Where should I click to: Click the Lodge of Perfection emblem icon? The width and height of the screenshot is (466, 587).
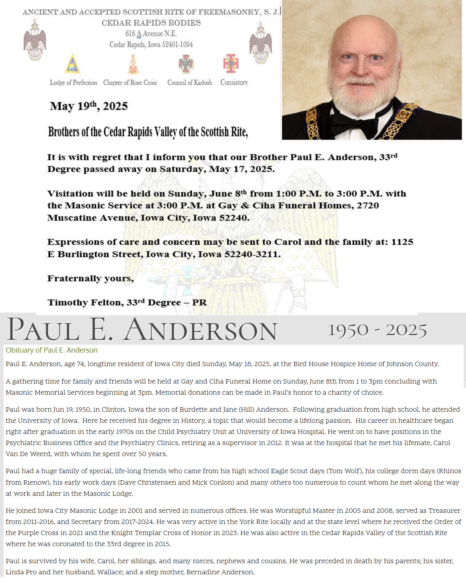pos(72,64)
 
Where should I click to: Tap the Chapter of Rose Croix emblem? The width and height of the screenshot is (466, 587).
pos(133,64)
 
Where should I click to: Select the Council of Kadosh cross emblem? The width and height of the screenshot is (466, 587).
pos(186,64)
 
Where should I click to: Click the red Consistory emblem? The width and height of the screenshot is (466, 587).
pos(230,63)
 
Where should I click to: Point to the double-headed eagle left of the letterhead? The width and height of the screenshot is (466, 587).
pos(35,40)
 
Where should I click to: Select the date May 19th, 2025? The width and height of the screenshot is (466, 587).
pos(89,106)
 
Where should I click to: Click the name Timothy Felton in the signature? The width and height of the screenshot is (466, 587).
pos(85,303)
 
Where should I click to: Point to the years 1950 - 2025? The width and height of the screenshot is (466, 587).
pos(377,330)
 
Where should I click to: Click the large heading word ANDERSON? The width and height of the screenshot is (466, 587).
pos(200,330)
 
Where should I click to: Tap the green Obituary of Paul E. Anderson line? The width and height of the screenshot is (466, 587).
pos(52,350)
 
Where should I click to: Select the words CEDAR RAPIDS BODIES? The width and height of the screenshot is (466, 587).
pos(151,23)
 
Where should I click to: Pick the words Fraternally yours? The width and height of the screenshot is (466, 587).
pos(90,278)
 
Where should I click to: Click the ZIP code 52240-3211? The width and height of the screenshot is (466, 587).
pos(252,254)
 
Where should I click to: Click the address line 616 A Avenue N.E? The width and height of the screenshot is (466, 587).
pos(151,34)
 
